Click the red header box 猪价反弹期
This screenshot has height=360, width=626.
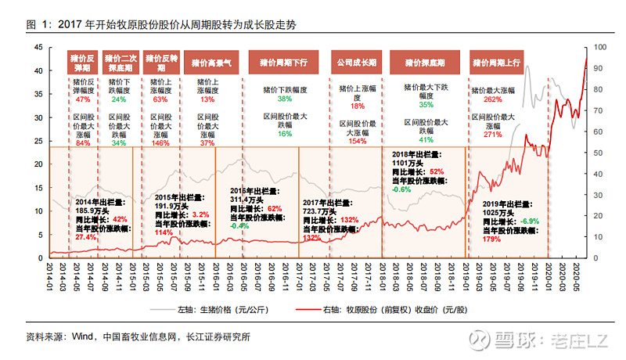[x=84, y=63]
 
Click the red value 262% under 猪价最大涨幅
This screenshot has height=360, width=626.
[x=492, y=100]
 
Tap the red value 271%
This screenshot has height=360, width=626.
[x=492, y=135]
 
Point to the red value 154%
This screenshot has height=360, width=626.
[x=358, y=142]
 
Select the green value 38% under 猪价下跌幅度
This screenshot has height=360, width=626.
[x=284, y=99]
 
